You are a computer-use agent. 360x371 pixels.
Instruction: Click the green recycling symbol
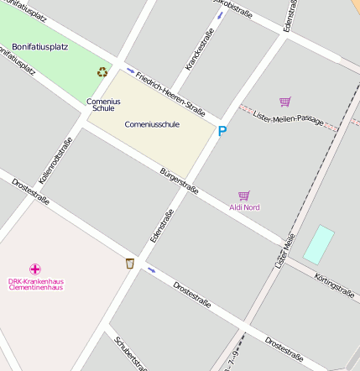102,73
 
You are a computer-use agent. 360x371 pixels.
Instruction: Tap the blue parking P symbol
222,131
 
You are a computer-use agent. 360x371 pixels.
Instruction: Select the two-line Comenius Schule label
103,105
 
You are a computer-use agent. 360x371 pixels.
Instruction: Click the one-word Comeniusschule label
152,124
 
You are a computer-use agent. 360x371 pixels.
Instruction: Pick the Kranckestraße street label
198,49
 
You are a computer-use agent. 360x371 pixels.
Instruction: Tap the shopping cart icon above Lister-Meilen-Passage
284,102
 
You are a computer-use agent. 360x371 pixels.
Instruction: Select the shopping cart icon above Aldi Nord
244,195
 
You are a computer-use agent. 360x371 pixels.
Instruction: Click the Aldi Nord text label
244,206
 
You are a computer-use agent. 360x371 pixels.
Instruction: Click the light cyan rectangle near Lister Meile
319,244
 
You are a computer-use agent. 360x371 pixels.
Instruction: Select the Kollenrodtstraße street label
56,160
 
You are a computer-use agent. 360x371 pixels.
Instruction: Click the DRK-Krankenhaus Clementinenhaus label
35,284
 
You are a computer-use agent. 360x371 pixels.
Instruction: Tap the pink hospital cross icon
35,269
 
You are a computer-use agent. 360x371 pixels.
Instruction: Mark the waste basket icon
129,264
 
